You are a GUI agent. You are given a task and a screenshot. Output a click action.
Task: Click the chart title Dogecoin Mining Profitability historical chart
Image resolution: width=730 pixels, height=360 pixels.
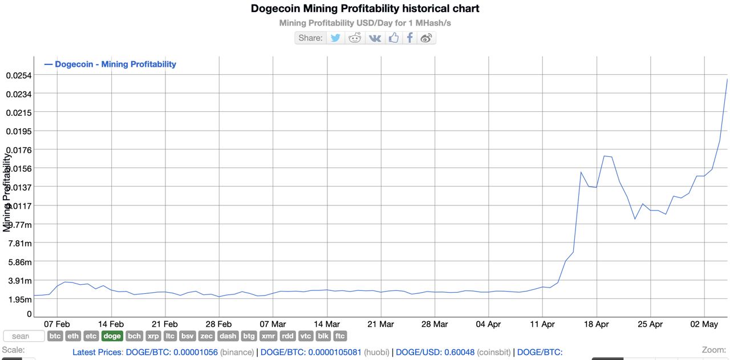pos(365,9)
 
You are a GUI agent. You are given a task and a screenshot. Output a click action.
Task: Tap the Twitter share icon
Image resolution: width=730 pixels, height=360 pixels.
pos(335,38)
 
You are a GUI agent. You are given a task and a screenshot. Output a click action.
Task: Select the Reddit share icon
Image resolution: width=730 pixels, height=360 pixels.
pos(355,38)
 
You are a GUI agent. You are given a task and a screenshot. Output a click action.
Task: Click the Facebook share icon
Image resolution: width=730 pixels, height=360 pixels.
pos(409,38)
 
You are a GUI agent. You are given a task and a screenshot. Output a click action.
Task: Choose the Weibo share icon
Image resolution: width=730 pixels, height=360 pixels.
pos(427,38)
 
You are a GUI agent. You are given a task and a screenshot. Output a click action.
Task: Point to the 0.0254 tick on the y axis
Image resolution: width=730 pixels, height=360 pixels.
pos(19,75)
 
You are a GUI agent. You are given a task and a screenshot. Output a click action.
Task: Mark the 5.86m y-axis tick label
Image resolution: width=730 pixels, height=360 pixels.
pos(19,262)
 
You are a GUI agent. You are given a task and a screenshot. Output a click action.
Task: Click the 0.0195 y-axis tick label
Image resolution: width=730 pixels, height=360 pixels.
pos(19,131)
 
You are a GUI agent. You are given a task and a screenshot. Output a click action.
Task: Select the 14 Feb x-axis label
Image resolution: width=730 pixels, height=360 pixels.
pos(111,324)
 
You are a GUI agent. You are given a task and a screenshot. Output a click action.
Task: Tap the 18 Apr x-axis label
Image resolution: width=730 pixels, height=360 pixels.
pos(597,324)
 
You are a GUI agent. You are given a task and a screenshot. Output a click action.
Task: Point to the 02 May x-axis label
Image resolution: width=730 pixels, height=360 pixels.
pos(704,324)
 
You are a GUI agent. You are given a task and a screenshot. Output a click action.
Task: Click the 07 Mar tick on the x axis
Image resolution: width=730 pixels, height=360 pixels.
pos(273,324)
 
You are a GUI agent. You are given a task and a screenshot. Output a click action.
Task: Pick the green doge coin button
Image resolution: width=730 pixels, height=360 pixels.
pos(112,337)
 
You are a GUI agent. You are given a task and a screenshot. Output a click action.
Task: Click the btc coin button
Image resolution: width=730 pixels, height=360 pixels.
pos(55,337)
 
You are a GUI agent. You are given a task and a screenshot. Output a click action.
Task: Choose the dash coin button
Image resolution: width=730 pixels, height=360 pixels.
pos(228,337)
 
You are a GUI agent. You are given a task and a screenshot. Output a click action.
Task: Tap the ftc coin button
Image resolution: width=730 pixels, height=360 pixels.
pos(340,337)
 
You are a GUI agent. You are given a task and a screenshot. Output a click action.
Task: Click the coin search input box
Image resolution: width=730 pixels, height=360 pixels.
pos(23,337)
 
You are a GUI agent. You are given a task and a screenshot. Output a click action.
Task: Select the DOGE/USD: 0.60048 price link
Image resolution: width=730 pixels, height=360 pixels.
pos(435,353)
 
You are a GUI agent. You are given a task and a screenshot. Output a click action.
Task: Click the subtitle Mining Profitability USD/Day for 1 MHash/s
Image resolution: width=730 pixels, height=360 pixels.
pos(365,23)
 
